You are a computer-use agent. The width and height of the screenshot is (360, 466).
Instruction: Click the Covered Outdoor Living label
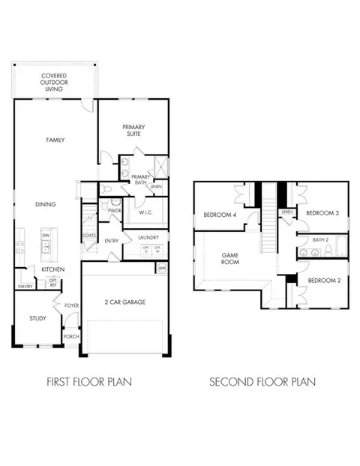(54, 82)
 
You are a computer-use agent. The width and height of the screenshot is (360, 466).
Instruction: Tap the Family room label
(55, 140)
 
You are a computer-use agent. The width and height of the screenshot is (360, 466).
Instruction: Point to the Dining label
(45, 203)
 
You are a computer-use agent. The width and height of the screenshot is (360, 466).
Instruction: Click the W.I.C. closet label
(145, 212)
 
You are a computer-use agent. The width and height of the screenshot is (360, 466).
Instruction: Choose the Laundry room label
(147, 238)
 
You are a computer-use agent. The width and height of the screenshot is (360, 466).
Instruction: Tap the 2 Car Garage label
(125, 302)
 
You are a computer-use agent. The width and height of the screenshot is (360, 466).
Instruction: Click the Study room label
(37, 318)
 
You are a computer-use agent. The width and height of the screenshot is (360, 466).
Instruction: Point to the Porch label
(71, 337)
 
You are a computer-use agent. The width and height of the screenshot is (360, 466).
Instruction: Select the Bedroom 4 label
(219, 216)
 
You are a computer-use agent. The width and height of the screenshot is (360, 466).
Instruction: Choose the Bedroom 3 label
(323, 213)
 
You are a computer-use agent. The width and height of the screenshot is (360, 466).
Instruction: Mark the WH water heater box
(161, 267)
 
